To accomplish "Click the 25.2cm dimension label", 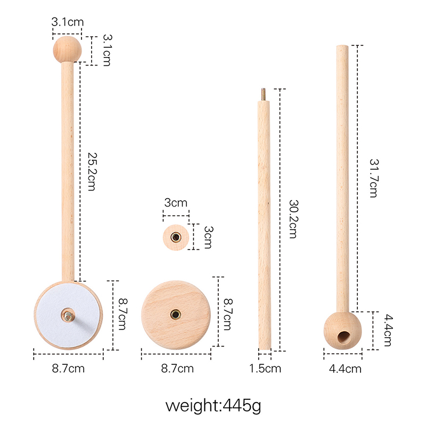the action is click(x=92, y=171).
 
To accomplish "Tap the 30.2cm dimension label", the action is click(x=293, y=219).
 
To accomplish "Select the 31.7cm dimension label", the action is click(x=374, y=178).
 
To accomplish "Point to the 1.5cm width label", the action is click(x=265, y=368).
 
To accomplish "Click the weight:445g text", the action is click(x=214, y=406).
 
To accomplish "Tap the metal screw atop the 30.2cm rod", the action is click(x=263, y=95).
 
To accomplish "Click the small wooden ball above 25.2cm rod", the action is click(x=68, y=50).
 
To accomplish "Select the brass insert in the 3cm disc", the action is click(x=176, y=237).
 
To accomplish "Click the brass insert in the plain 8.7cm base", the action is click(x=176, y=315).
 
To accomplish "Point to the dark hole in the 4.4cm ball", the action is click(x=343, y=337).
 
